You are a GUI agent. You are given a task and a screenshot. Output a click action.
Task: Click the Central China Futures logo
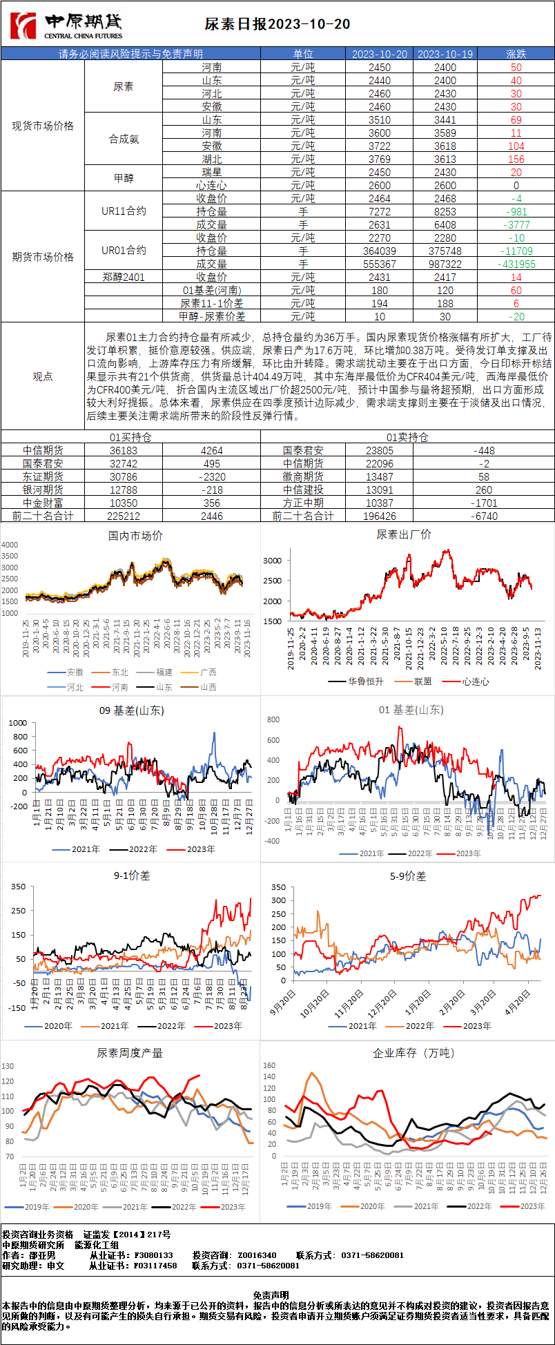pos(66,26)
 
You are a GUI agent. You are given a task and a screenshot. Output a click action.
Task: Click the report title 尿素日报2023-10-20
pos(277,24)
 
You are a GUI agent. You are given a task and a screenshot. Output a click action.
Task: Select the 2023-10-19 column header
pos(445,54)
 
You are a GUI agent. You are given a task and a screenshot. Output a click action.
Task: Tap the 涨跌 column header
pos(516,54)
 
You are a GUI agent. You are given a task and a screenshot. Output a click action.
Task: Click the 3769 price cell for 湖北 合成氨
pos(379,159)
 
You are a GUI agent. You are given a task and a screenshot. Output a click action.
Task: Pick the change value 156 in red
pos(516,159)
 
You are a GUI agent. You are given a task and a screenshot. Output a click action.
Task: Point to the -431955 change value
pos(516,264)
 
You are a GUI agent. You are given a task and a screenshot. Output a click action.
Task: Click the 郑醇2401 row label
pos(124,278)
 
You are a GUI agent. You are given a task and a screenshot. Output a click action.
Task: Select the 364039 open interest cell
pos(379,251)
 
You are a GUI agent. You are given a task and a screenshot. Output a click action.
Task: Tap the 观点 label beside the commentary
pos(43,376)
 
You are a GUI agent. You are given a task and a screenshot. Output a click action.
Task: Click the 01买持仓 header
pos(130,437)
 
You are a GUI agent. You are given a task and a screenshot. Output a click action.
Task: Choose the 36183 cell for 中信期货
pos(124,451)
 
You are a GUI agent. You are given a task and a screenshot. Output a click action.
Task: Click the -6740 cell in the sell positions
pos(484,516)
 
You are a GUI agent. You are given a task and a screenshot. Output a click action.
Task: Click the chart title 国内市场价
pos(135,536)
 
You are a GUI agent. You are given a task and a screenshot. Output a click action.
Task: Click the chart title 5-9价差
pos(408,876)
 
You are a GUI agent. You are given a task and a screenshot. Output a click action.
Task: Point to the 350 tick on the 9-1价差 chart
pos(18,887)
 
